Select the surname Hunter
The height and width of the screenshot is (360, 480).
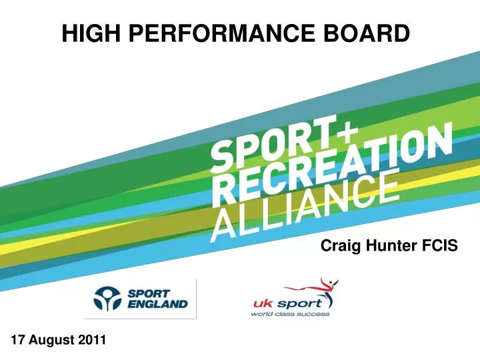pos(389,247)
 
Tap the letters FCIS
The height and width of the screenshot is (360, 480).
pos(440,247)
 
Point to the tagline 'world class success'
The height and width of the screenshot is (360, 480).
pos(290,314)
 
